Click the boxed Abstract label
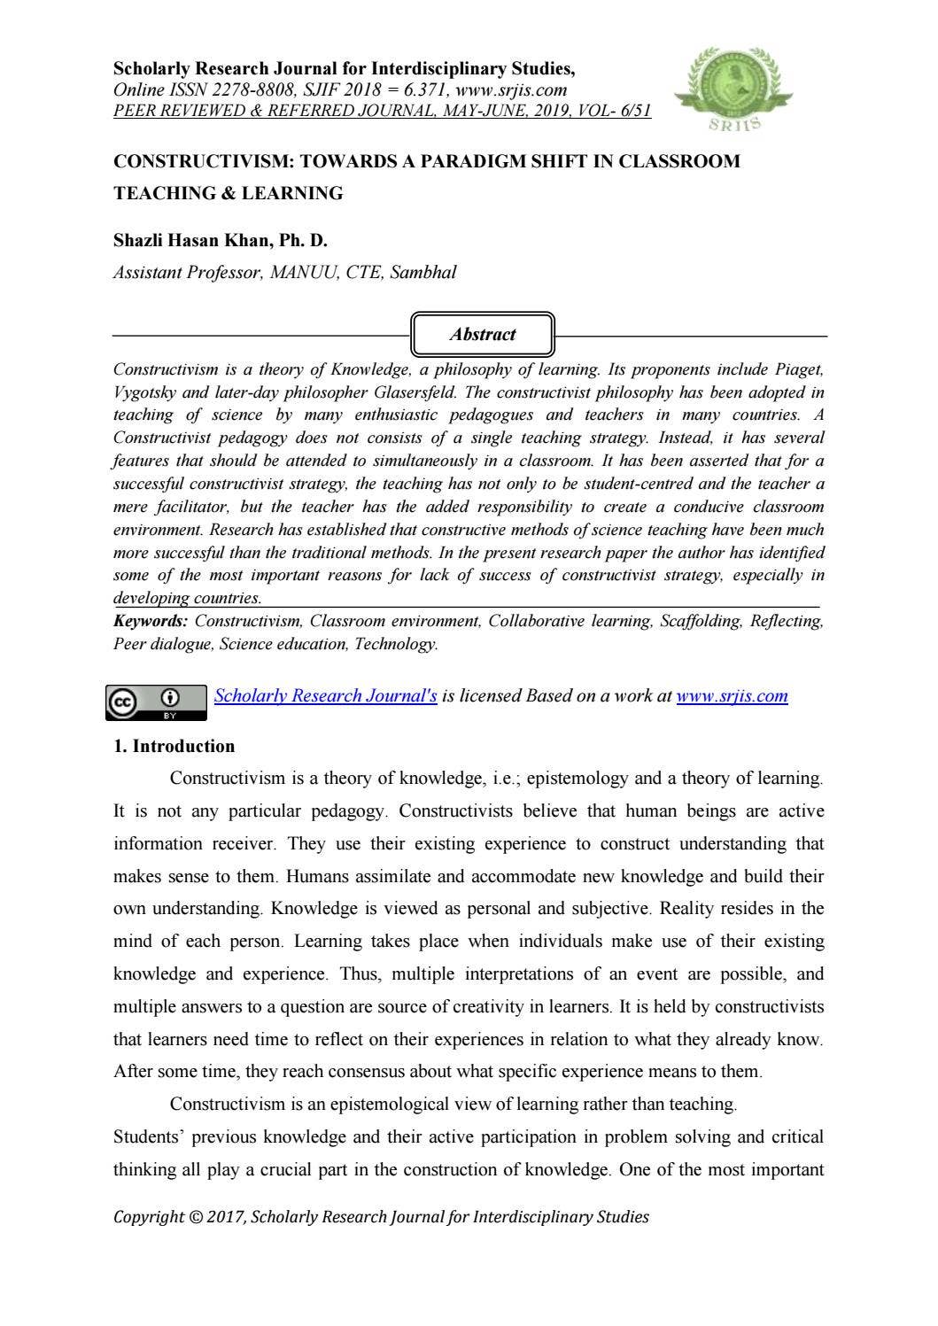click(483, 335)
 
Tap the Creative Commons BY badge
click(157, 701)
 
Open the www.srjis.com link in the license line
click(732, 695)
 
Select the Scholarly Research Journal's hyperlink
click(325, 695)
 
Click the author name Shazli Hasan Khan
click(221, 240)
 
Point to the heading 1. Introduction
click(174, 746)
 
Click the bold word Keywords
click(150, 621)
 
